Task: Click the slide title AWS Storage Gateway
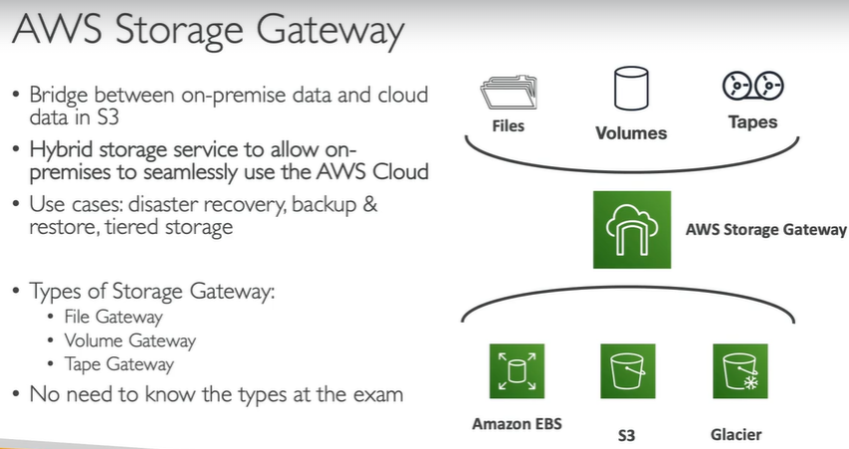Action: pos(208,32)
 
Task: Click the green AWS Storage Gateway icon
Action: pos(629,230)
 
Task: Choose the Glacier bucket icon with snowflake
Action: pos(742,371)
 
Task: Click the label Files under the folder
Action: pos(509,126)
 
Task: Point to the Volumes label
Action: pos(631,132)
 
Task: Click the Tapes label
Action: pos(748,123)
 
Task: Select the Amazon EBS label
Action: pos(517,423)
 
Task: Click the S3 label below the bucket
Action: pos(627,435)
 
